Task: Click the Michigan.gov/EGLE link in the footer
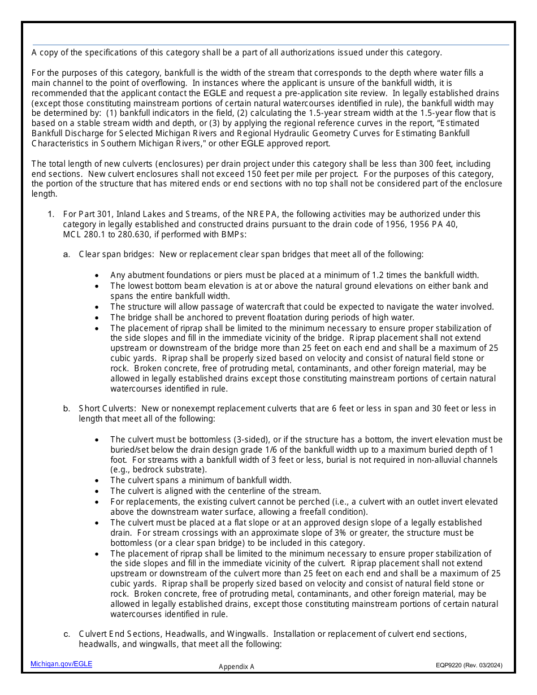(61, 664)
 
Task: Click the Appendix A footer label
(236, 667)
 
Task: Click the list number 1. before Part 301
(51, 214)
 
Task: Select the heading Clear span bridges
(116, 254)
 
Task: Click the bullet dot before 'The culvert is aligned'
(97, 491)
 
